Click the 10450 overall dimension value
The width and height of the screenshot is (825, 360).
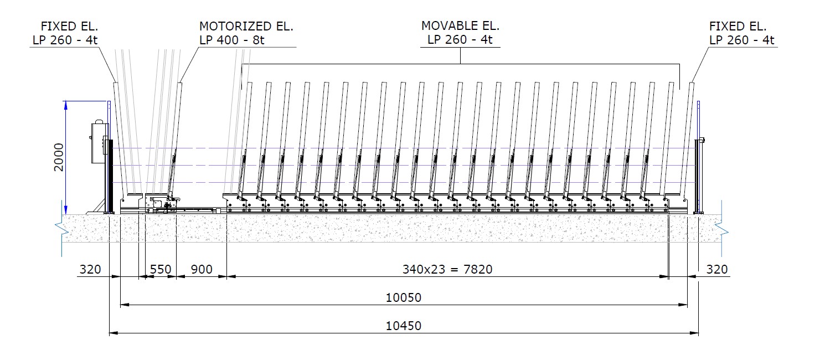point(404,326)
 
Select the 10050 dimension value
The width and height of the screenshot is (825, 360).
point(404,298)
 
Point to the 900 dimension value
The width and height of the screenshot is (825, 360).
point(201,270)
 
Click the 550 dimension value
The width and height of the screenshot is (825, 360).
point(161,270)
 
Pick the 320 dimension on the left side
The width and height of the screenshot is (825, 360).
point(90,270)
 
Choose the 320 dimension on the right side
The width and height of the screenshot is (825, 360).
point(717,270)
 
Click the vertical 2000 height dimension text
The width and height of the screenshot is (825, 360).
point(59,157)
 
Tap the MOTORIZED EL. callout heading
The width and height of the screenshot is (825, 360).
point(246,26)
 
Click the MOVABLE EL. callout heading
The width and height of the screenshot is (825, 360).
point(460,26)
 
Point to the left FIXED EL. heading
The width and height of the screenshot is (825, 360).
point(69,26)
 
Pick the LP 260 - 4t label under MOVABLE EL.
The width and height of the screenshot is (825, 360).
point(460,40)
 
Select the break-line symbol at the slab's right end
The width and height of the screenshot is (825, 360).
point(720,228)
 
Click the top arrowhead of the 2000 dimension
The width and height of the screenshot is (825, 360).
point(66,104)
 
